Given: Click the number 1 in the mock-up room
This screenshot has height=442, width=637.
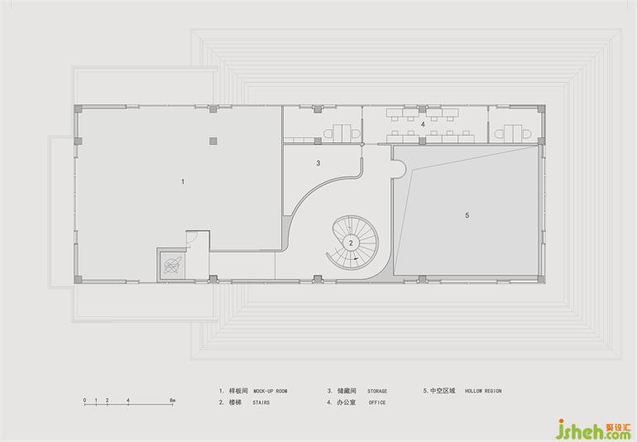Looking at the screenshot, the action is pyautogui.click(x=183, y=181).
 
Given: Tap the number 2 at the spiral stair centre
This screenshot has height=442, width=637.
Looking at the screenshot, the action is pyautogui.click(x=351, y=243).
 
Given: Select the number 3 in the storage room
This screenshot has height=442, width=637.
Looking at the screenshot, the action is pyautogui.click(x=318, y=163).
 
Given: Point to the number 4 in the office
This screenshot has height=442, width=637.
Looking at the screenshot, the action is pyautogui.click(x=423, y=124).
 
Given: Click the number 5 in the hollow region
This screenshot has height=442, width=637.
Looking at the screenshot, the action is pyautogui.click(x=467, y=215).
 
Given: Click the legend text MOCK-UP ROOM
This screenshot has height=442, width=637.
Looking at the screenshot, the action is pyautogui.click(x=271, y=392).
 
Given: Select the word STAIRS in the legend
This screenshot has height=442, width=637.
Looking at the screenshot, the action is pyautogui.click(x=261, y=402).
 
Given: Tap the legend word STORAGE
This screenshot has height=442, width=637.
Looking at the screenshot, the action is pyautogui.click(x=377, y=392).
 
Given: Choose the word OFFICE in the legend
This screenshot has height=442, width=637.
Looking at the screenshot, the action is pyautogui.click(x=377, y=402).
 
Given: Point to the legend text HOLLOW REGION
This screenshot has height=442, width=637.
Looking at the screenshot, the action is pyautogui.click(x=483, y=392).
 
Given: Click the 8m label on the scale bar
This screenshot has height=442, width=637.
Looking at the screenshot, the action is pyautogui.click(x=172, y=401).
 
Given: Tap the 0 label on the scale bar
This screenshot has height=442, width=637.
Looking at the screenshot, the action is pyautogui.click(x=85, y=401).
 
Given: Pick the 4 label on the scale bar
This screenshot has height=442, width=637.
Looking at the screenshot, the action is pyautogui.click(x=128, y=401).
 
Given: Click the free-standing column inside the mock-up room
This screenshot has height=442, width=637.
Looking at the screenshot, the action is pyautogui.click(x=213, y=141).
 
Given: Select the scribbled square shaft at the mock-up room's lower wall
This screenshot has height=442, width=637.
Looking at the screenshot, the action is pyautogui.click(x=172, y=265).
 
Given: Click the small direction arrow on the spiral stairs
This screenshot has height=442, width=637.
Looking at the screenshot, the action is pyautogui.click(x=357, y=258).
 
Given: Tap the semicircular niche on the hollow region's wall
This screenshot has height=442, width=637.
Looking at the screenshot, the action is pyautogui.click(x=400, y=168).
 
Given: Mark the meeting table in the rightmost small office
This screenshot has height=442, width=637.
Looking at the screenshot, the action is pyautogui.click(x=514, y=132).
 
